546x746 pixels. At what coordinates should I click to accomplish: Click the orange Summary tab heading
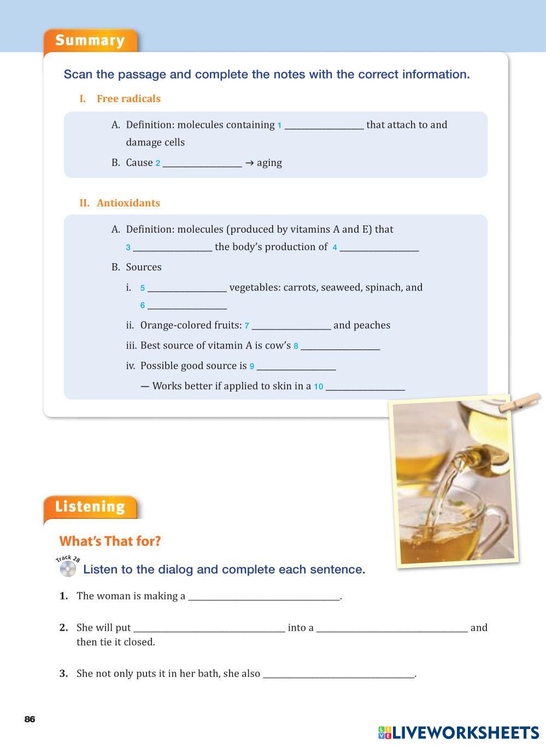[90, 40]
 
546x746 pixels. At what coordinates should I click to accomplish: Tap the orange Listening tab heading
[90, 507]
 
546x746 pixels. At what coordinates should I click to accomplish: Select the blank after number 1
[324, 126]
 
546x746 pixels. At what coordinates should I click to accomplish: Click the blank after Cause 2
[202, 163]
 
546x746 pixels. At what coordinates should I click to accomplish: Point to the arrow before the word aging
[249, 163]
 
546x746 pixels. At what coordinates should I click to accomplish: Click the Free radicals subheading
[128, 99]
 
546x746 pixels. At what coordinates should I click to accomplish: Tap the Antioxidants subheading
[128, 203]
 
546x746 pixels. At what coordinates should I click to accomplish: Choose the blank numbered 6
[187, 306]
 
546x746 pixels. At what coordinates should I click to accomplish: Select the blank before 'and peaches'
[291, 326]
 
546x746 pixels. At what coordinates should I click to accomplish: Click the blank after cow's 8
[340, 346]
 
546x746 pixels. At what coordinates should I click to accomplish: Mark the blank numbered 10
[365, 387]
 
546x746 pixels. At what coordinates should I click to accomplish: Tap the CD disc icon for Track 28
[68, 569]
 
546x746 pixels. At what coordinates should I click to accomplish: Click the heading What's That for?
[110, 541]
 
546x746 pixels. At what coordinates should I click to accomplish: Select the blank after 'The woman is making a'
[264, 597]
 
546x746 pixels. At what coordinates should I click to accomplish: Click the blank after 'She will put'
[209, 629]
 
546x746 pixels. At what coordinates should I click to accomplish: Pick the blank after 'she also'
[339, 674]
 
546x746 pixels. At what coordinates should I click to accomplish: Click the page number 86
[30, 719]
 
